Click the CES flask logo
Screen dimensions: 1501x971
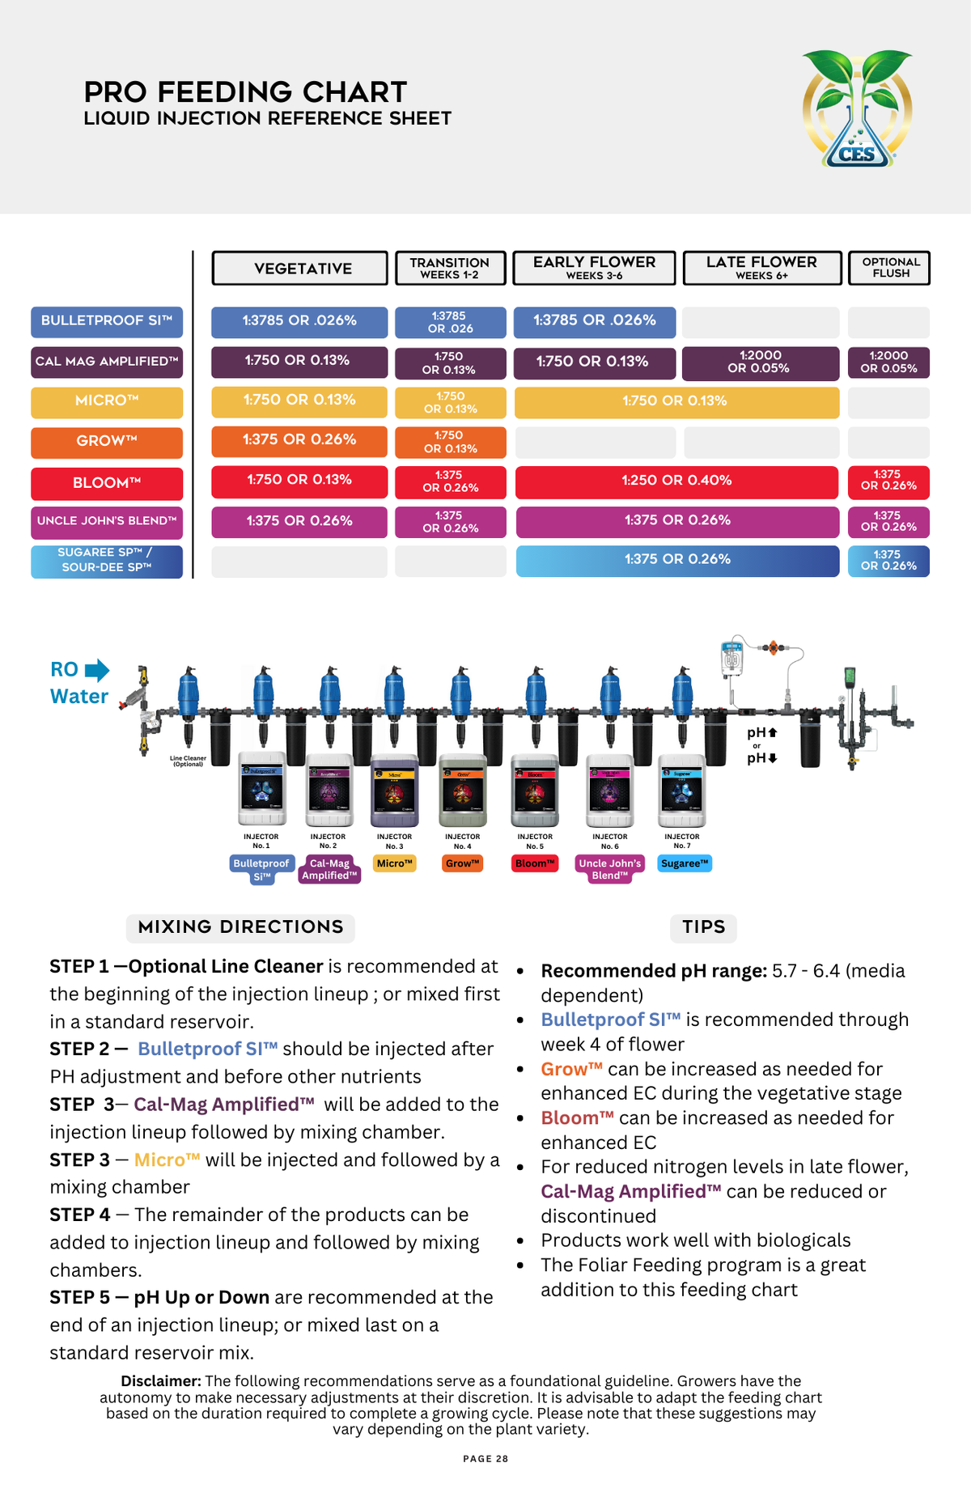tap(857, 109)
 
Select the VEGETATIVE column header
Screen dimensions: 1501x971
tap(299, 269)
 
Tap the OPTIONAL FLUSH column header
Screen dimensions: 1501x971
tap(889, 268)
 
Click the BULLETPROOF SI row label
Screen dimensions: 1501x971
tap(107, 321)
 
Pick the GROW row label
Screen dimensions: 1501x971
tap(107, 442)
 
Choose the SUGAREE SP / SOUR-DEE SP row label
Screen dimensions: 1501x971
tap(107, 561)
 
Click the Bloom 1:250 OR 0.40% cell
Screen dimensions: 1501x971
tap(676, 481)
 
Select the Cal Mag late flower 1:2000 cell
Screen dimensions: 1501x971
tap(760, 363)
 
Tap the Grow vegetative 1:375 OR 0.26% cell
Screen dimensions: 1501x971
tap(299, 440)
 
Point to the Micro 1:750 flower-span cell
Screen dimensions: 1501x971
tap(676, 401)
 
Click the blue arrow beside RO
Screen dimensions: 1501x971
tap(97, 670)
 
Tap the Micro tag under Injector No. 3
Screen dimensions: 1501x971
tap(395, 864)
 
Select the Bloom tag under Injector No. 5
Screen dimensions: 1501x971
tap(535, 864)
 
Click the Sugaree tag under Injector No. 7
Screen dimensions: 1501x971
tap(685, 864)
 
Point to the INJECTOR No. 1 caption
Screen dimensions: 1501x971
tap(261, 842)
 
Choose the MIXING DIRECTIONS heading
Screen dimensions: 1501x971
tap(240, 927)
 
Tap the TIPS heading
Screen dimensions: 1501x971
tap(703, 927)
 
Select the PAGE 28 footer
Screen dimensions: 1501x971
tap(485, 1459)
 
